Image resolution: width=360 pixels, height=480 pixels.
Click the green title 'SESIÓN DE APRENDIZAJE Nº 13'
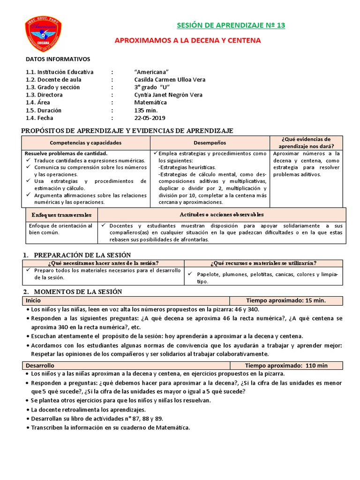(230, 25)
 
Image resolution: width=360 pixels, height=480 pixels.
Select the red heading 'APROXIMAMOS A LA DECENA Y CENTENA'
(187, 41)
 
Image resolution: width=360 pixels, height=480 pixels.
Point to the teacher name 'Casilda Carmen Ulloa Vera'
(170, 80)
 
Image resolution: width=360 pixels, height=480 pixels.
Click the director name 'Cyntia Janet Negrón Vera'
(168, 95)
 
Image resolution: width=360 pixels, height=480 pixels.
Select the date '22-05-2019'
(150, 118)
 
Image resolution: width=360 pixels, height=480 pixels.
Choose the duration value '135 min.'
(146, 110)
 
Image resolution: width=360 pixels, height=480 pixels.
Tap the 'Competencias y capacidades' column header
(86, 142)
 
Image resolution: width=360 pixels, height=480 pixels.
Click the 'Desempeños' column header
(210, 142)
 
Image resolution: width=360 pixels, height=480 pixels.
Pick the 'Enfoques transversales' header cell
(61, 215)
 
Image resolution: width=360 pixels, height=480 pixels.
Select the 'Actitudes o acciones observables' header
(222, 215)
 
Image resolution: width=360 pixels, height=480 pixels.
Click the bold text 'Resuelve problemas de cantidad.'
(66, 154)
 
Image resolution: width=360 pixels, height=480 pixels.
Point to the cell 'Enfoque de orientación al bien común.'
(61, 229)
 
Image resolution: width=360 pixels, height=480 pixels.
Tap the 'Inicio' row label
(33, 300)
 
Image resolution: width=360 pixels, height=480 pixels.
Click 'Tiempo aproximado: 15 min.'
(285, 300)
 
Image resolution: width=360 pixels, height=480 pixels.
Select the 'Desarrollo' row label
(40, 365)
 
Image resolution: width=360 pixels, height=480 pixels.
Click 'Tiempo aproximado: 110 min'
(286, 365)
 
